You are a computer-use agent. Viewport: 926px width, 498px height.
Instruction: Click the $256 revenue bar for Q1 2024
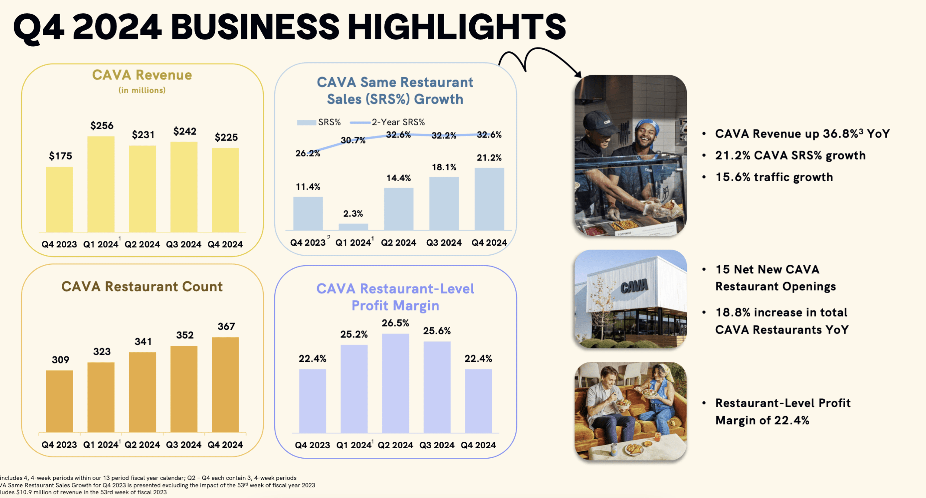click(101, 184)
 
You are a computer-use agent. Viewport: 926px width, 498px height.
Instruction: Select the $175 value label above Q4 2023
click(60, 156)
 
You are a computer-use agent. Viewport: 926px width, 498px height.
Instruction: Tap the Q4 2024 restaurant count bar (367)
click(225, 384)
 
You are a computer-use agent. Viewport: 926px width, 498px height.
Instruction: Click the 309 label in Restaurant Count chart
click(60, 360)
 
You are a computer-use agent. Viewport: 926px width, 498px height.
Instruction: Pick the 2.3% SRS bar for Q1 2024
click(353, 227)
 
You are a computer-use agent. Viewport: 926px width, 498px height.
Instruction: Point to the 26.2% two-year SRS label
click(308, 154)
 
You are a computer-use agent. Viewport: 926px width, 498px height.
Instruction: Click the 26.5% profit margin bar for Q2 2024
click(395, 383)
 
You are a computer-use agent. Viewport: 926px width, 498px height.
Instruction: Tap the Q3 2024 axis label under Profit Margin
click(437, 445)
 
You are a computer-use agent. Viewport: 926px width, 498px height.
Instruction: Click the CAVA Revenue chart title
click(142, 75)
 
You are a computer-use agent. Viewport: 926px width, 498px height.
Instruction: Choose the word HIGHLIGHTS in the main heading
click(457, 27)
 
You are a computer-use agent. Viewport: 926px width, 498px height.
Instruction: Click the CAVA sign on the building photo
click(634, 287)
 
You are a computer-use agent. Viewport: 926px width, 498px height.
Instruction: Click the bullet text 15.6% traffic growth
click(774, 177)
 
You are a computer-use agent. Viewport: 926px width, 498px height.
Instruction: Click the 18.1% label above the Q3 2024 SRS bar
click(444, 167)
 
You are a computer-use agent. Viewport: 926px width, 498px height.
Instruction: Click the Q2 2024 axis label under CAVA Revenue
click(142, 244)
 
